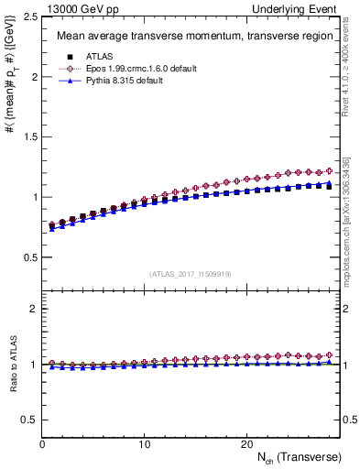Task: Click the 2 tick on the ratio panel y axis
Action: [32, 309]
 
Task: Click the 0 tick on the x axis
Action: [42, 444]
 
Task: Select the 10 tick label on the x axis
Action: [144, 444]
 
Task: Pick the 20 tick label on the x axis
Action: [245, 444]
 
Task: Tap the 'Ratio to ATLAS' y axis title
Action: [11, 365]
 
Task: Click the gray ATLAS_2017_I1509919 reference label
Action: [190, 274]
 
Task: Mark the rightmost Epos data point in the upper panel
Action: [327, 171]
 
